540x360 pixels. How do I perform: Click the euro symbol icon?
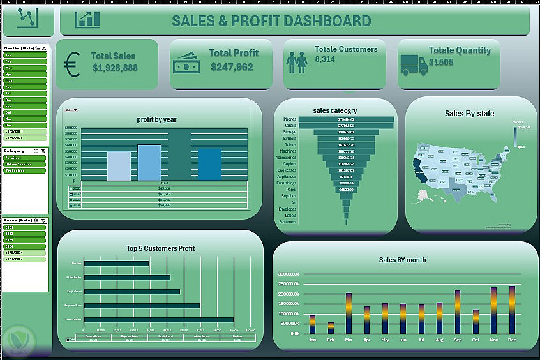pyautogui.click(x=71, y=64)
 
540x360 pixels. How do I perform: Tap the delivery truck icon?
pyautogui.click(x=414, y=64)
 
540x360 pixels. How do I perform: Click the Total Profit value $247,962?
pyautogui.click(x=232, y=67)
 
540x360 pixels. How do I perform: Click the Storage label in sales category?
pyautogui.click(x=290, y=131)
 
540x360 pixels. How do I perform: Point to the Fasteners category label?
pyautogui.click(x=288, y=222)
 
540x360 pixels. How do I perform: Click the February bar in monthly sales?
pyautogui.click(x=331, y=327)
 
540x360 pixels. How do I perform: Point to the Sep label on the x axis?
pyautogui.click(x=457, y=340)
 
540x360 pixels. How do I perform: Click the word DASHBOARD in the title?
pyautogui.click(x=327, y=21)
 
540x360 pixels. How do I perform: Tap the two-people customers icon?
pyautogui.click(x=296, y=63)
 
